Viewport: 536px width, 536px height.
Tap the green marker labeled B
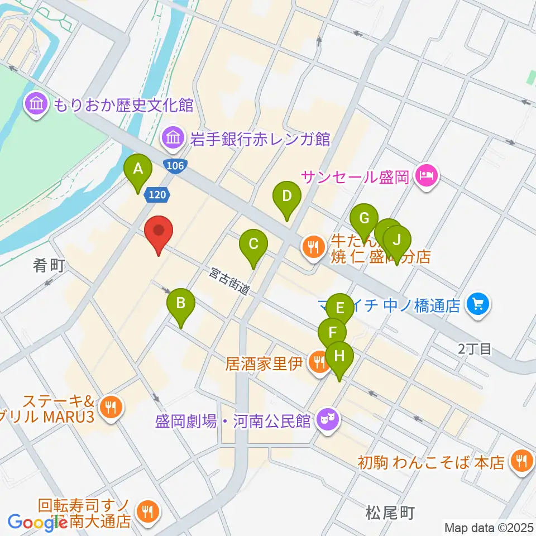coord(180,304)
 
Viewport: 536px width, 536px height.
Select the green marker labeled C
coord(253,244)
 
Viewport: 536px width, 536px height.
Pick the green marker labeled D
coord(286,197)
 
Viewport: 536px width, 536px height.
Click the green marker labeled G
coord(364,219)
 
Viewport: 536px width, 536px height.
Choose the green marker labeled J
coord(397,240)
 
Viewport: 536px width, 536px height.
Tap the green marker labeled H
coord(340,355)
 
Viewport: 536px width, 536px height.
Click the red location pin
coord(159,231)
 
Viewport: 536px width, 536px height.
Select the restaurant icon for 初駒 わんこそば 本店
coord(521,461)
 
